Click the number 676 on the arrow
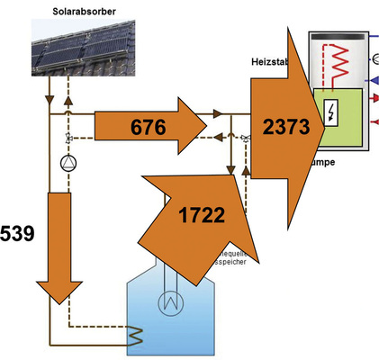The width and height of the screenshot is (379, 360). click(x=148, y=128)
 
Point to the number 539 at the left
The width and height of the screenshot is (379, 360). click(x=17, y=235)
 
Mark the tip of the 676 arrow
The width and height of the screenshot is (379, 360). click(x=205, y=118)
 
